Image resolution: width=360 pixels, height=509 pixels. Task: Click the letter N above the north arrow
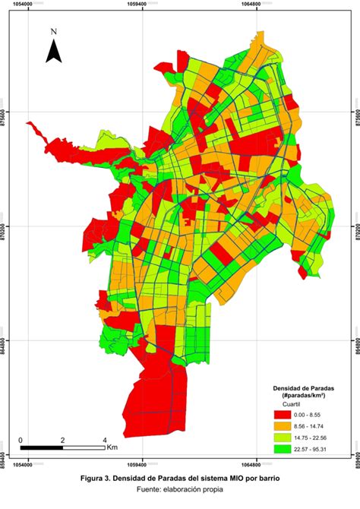click(53, 32)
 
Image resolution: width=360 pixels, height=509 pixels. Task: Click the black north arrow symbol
click(53, 52)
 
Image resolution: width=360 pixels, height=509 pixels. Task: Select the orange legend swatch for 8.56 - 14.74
click(283, 427)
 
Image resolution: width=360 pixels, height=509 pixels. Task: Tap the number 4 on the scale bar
click(104, 440)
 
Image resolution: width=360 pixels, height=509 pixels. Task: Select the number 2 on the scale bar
click(62, 440)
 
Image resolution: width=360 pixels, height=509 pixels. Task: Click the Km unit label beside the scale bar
click(112, 447)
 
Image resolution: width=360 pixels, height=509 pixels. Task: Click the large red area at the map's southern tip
click(152, 403)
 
